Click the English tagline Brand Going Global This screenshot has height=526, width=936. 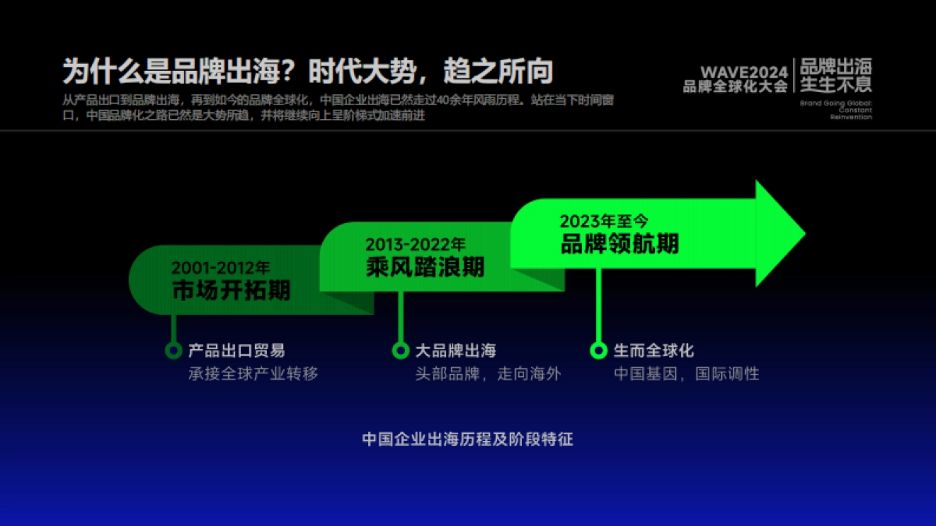point(836,104)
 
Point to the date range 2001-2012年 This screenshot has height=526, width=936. point(221,268)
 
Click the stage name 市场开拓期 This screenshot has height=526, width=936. point(231,291)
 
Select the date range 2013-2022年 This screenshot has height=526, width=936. point(415,245)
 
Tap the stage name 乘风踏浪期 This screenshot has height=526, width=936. point(425,267)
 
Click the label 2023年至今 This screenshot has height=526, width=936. point(604,221)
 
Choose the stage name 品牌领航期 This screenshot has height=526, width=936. point(620,243)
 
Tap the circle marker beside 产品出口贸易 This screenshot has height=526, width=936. point(173,351)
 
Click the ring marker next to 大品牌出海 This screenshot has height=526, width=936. point(400,351)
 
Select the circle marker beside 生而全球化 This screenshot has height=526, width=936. point(598,351)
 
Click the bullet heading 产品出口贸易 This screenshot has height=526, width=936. point(236,351)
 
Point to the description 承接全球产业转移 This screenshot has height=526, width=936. point(253,373)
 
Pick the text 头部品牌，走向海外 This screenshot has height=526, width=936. point(487,373)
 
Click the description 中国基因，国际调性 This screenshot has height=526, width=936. point(686,373)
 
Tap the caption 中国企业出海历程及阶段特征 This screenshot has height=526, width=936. point(467,440)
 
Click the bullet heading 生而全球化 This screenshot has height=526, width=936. point(654,351)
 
